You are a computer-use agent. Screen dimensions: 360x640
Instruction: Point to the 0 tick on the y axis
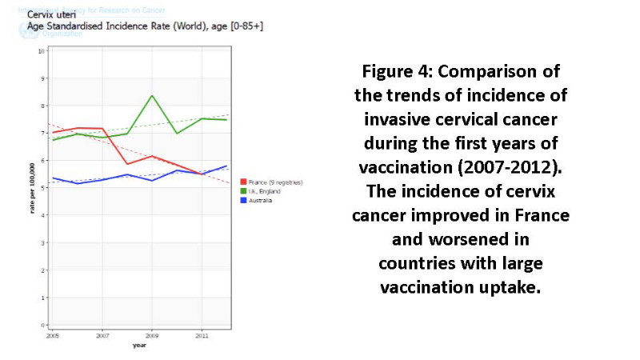click(42, 326)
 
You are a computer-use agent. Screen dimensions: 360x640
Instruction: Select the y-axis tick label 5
click(42, 188)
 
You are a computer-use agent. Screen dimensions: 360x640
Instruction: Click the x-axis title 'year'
click(139, 346)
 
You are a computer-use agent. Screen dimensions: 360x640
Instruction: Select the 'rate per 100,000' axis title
click(31, 188)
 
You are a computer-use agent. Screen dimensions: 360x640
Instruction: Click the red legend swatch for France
click(242, 182)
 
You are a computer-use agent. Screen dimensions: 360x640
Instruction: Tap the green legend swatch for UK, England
click(242, 191)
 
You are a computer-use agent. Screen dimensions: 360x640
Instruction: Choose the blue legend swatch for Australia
click(242, 200)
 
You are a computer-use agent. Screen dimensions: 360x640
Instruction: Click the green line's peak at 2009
click(152, 96)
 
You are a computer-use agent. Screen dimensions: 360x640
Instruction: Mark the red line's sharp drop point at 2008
click(127, 164)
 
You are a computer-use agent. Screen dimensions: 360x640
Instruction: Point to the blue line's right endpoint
click(227, 166)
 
